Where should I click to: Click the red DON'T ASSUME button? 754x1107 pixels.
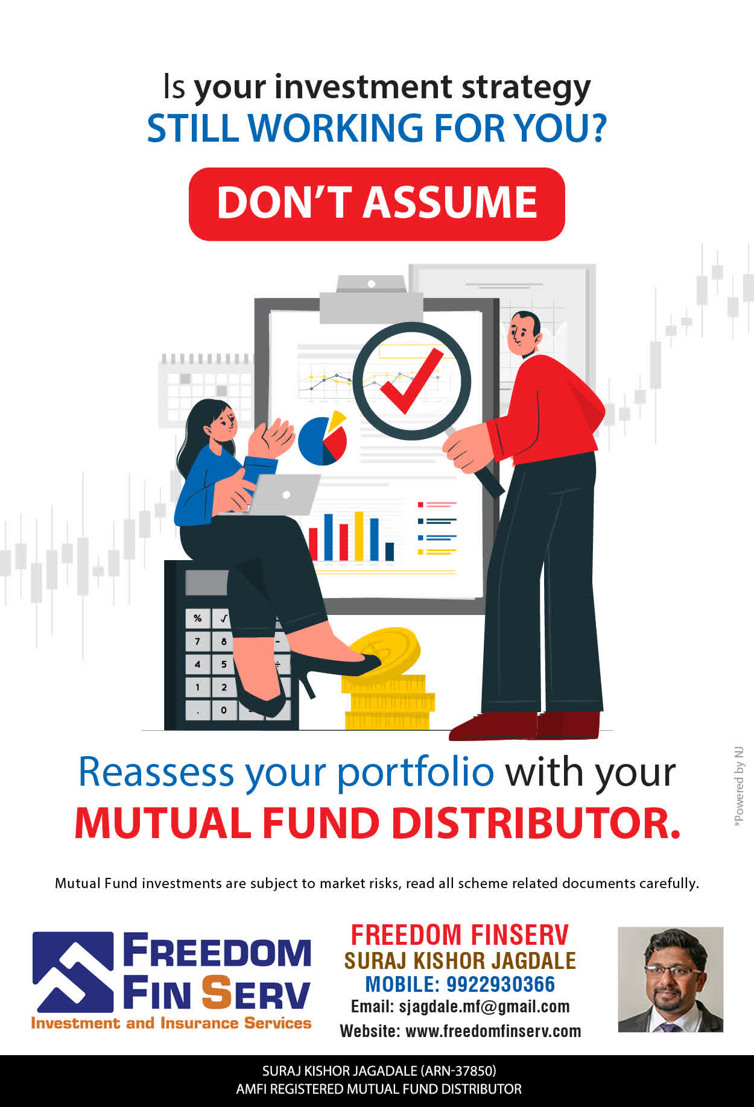[377, 204]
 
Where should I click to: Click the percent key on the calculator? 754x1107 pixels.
[197, 618]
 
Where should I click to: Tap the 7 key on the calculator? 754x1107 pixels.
[197, 641]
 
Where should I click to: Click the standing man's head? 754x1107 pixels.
[524, 333]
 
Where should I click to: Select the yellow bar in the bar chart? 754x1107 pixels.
[359, 536]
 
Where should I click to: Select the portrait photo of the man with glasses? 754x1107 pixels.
[670, 979]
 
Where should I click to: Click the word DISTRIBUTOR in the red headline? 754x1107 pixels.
[536, 822]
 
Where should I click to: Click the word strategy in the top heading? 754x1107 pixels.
[526, 88]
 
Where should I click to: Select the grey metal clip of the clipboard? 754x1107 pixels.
[371, 300]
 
